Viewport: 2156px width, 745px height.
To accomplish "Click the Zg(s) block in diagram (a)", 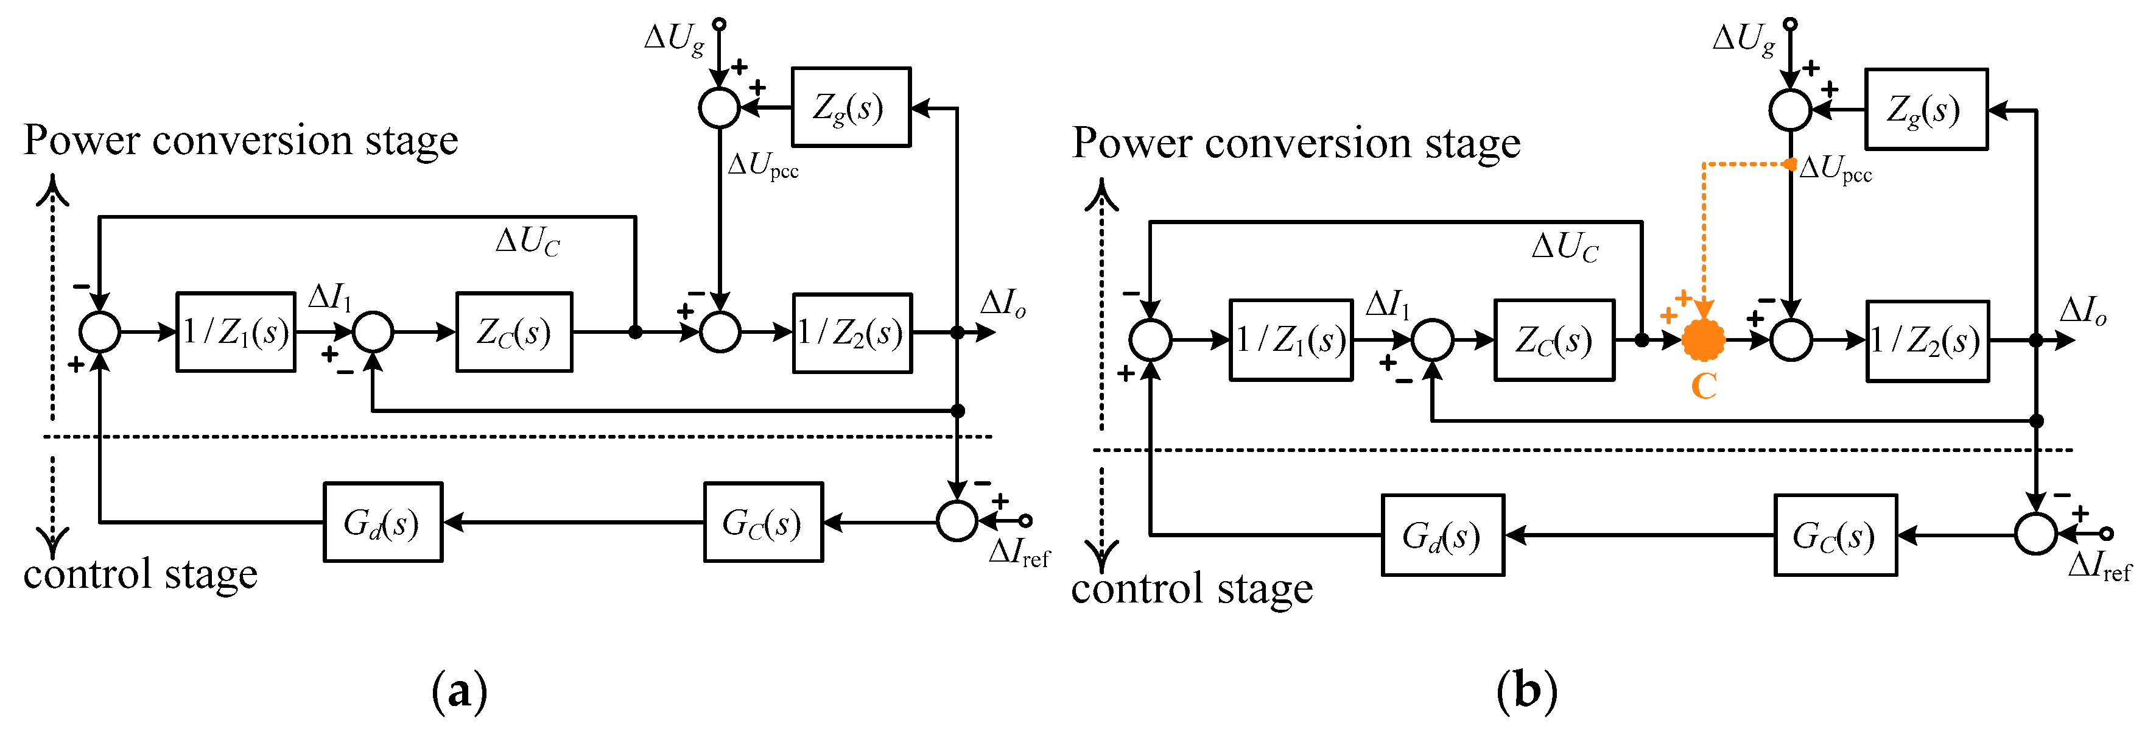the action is tap(851, 107).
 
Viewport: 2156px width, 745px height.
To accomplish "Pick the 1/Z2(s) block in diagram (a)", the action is tap(852, 333).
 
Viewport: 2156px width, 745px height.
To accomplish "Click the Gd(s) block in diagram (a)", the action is tap(382, 521).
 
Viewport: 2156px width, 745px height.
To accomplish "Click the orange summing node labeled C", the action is tap(1703, 340).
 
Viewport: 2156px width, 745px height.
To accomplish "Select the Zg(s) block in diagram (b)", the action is tap(1926, 109).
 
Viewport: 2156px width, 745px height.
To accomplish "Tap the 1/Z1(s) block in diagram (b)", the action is tap(1291, 340).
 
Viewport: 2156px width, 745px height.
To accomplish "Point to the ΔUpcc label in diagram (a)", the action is tap(762, 165).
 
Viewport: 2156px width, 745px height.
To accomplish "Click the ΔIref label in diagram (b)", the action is tap(2099, 566).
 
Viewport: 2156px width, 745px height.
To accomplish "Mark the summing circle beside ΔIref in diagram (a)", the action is tap(957, 521).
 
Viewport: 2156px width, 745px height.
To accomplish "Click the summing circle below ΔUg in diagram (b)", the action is tap(1790, 109).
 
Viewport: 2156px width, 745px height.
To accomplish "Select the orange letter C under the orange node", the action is tap(1704, 386).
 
